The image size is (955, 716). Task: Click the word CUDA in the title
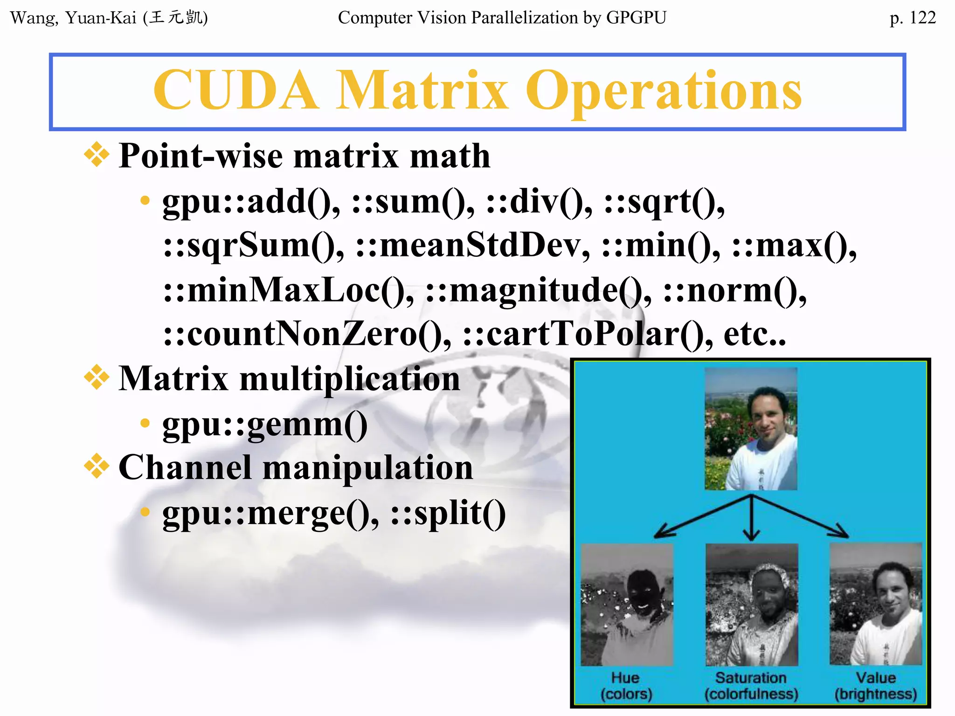pyautogui.click(x=236, y=90)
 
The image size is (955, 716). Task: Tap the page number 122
pyautogui.click(x=922, y=18)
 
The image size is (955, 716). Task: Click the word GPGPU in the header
pyautogui.click(x=636, y=18)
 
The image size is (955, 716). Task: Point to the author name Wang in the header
pyautogui.click(x=33, y=18)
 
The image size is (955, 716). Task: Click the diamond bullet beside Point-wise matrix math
pyautogui.click(x=97, y=154)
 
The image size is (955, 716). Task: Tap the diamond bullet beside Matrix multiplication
pyautogui.click(x=97, y=377)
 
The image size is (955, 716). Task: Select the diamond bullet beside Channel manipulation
pyautogui.click(x=97, y=466)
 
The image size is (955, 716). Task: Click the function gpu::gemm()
pyautogui.click(x=265, y=425)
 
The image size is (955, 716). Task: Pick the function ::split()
pyautogui.click(x=448, y=513)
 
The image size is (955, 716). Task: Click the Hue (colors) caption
pyautogui.click(x=626, y=686)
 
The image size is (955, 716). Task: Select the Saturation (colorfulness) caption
pyautogui.click(x=751, y=686)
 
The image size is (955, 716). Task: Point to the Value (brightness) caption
pyautogui.click(x=875, y=686)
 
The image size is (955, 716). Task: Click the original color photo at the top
pyautogui.click(x=751, y=429)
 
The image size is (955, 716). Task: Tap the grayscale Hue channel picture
pyautogui.click(x=627, y=605)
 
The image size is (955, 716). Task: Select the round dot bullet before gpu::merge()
pyautogui.click(x=145, y=512)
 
